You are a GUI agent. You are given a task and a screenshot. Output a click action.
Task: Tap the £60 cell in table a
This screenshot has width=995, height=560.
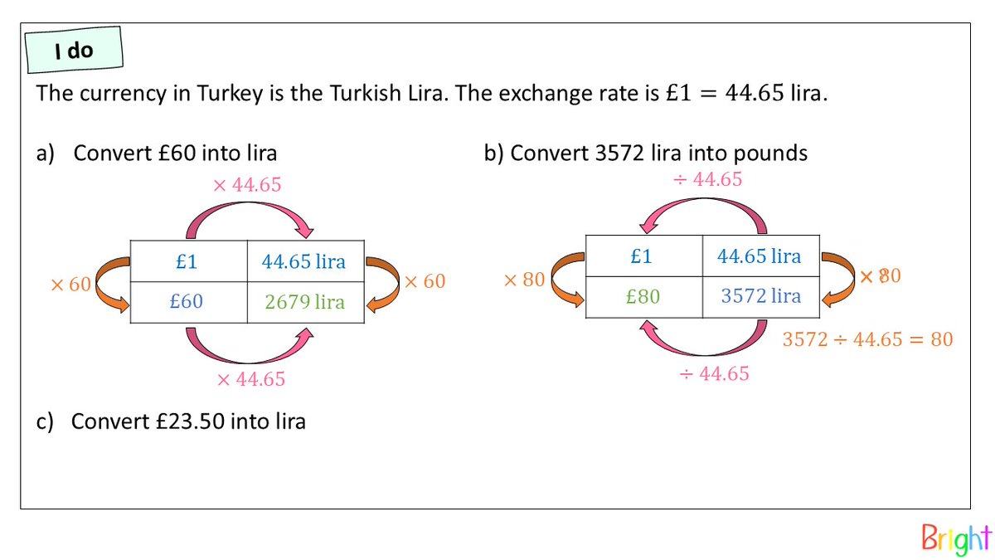point(187,301)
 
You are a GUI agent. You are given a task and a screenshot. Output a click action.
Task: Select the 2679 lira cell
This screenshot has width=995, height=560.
point(304,301)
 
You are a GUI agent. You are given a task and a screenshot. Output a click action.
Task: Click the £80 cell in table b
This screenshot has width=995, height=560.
point(643,296)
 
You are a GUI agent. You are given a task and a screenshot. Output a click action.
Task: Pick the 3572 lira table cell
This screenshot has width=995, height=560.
point(761,296)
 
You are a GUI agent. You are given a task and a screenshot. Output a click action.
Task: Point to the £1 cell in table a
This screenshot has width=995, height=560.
point(187,261)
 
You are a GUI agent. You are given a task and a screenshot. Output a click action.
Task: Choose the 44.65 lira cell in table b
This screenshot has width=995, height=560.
point(760,256)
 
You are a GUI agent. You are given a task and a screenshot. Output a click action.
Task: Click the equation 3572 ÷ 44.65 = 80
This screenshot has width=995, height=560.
point(867,339)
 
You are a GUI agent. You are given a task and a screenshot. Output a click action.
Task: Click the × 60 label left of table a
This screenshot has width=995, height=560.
point(70,285)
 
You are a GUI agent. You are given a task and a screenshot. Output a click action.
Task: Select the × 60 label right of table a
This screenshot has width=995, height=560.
point(424,281)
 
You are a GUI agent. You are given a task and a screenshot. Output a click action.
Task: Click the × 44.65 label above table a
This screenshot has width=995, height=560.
point(247,185)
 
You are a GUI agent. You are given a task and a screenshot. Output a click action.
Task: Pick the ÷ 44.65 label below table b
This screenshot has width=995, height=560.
point(714,374)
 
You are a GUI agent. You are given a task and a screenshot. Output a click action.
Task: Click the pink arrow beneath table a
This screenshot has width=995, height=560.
point(250,348)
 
